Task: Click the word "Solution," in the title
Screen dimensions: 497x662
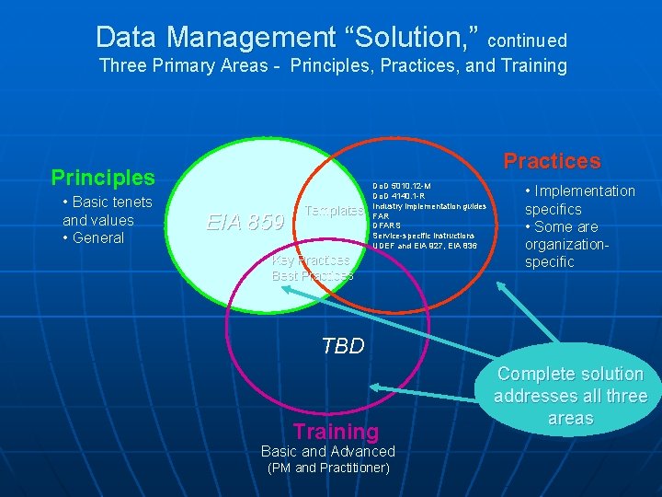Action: point(405,38)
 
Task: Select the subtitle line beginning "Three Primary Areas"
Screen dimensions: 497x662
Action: point(333,66)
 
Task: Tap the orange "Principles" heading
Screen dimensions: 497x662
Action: point(103,177)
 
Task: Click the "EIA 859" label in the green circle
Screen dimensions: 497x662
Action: point(244,222)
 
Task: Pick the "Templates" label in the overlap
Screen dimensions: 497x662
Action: point(334,211)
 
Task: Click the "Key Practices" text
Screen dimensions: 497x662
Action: point(312,260)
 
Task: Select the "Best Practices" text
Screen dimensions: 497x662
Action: point(313,275)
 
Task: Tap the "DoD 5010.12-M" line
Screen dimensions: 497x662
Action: point(402,186)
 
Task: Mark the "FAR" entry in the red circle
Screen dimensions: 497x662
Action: point(382,216)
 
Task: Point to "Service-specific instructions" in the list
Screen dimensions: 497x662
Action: point(424,237)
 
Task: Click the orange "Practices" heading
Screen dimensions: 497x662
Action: point(552,161)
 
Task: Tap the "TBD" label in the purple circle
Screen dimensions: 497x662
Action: point(343,346)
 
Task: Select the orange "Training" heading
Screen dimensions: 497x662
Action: point(336,431)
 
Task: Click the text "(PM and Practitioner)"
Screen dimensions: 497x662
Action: point(328,468)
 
